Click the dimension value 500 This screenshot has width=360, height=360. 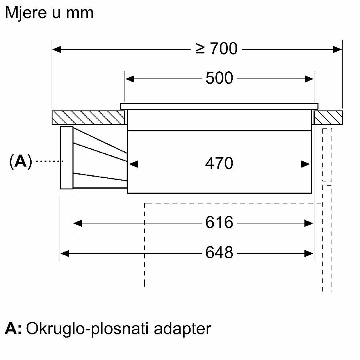coord(219,78)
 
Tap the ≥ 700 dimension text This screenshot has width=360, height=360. coord(217,49)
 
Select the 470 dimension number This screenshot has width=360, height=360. coord(219,163)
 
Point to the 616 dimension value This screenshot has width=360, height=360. coord(219,223)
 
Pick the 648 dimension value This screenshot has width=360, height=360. coord(219,253)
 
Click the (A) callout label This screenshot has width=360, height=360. coord(20,161)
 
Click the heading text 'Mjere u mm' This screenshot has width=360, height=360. coord(49,13)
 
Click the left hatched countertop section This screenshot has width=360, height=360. coord(88,117)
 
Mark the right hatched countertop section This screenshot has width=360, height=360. coord(328,117)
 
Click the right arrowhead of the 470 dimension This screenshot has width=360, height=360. coord(306,163)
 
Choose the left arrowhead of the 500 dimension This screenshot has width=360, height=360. coord(130,78)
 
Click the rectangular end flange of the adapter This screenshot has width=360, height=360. coord(66,157)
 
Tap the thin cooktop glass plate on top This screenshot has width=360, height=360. coord(219,106)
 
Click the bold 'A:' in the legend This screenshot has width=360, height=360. coord(13,329)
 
